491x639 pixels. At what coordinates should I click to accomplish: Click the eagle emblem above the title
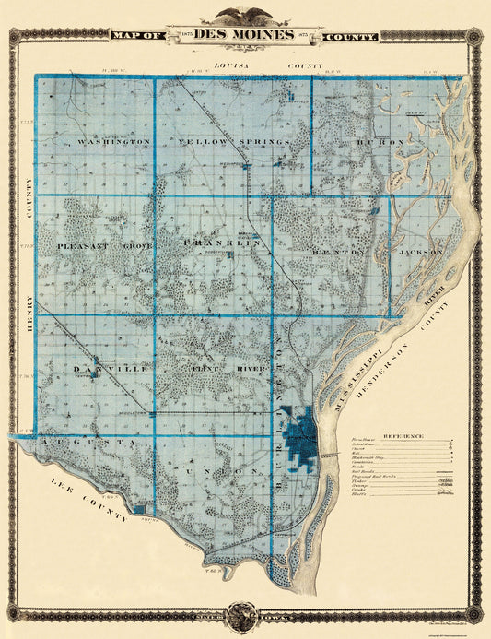[x=244, y=15]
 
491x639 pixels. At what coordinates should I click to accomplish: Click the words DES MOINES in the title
[x=244, y=35]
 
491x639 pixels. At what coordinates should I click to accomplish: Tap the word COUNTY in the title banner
[x=349, y=36]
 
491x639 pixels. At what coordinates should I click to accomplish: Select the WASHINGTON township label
[x=114, y=142]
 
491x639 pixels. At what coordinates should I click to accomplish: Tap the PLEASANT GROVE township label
[x=103, y=246]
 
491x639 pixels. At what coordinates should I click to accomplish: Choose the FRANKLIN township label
[x=223, y=243]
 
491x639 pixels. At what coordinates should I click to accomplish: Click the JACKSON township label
[x=421, y=250]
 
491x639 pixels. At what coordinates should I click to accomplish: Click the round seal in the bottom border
[x=244, y=613]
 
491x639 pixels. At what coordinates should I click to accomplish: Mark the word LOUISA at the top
[x=227, y=66]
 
